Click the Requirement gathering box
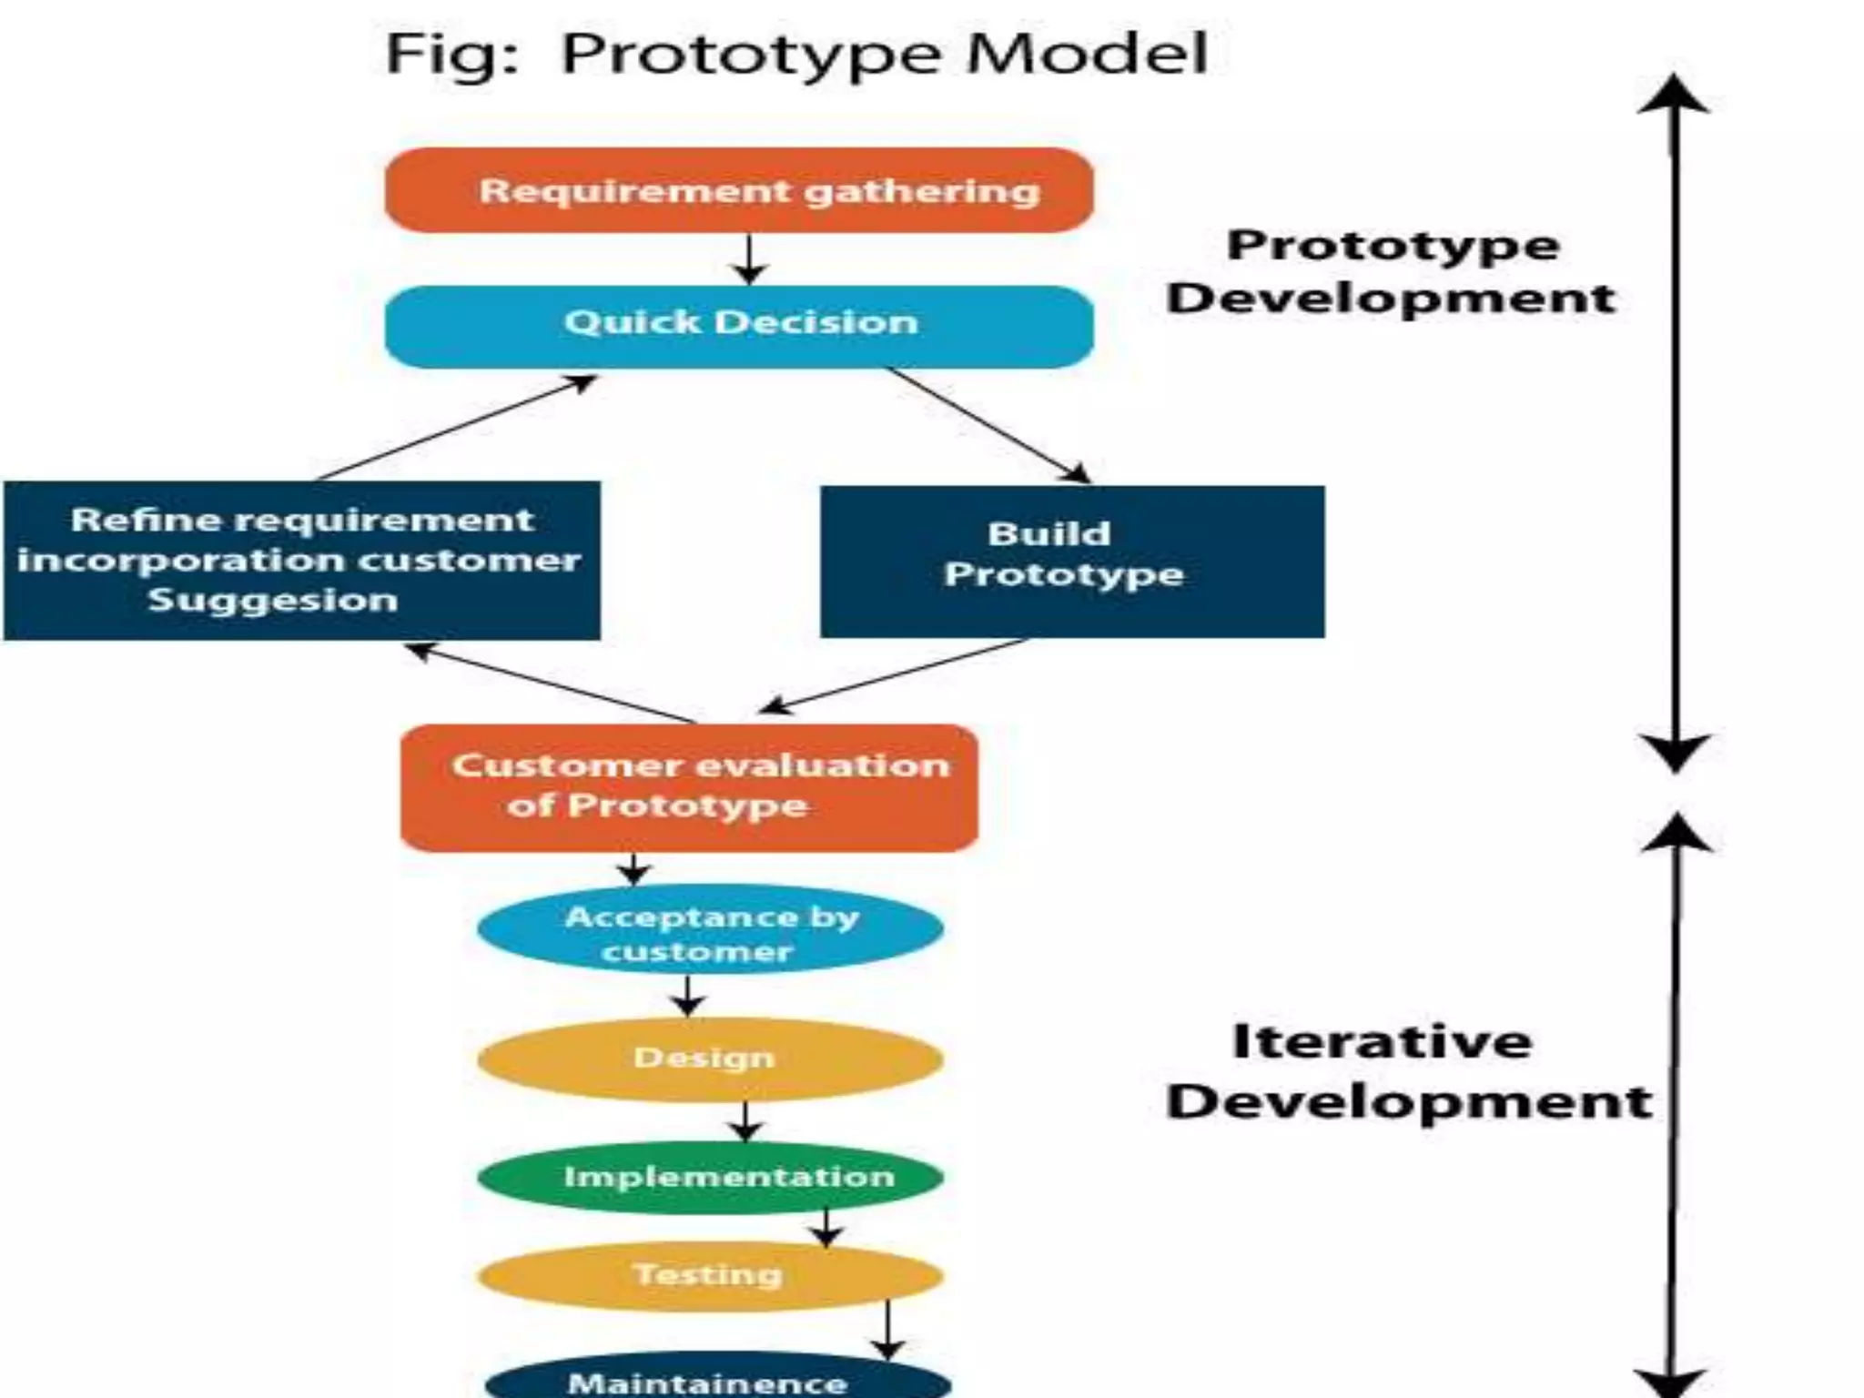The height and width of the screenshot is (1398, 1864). (739, 190)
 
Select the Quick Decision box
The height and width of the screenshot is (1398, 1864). (739, 326)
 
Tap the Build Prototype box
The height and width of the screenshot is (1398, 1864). (1071, 561)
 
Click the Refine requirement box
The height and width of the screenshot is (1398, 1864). (301, 561)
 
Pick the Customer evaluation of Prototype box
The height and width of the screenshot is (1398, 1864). (689, 787)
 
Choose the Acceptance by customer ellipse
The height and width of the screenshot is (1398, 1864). (710, 929)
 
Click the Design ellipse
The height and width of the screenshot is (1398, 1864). (710, 1059)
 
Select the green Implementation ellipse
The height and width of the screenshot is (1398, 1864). (710, 1177)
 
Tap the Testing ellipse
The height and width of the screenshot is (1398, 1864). (710, 1275)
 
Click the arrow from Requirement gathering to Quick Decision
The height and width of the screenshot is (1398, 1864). (749, 259)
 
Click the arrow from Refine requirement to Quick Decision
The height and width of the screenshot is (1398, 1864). (455, 428)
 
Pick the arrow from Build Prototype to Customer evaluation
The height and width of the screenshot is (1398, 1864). (897, 675)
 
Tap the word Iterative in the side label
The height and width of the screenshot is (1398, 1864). (1381, 1041)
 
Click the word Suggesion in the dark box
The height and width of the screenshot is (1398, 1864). (273, 601)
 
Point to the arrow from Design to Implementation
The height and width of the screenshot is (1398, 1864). (745, 1121)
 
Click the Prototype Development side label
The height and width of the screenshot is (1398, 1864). (1392, 271)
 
